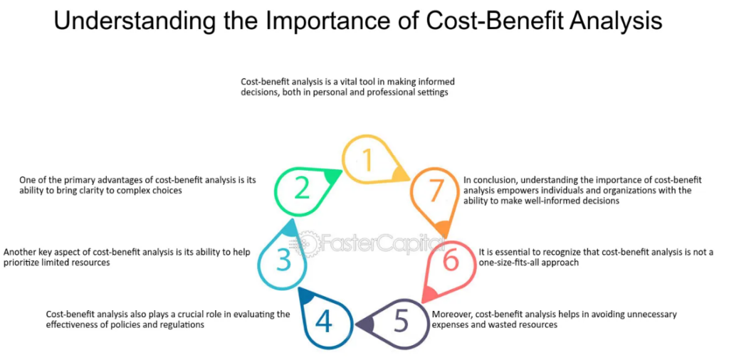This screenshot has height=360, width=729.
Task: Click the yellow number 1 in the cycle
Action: click(368, 159)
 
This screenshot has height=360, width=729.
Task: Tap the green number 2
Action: click(302, 188)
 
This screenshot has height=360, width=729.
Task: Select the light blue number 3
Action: click(283, 260)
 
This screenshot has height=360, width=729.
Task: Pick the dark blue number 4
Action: click(324, 322)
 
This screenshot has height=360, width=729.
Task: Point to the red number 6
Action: click(451, 260)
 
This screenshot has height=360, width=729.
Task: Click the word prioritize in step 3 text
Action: click(21, 263)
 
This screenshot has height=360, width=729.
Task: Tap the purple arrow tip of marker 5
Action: click(356, 324)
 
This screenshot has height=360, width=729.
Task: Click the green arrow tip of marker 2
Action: click(342, 171)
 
